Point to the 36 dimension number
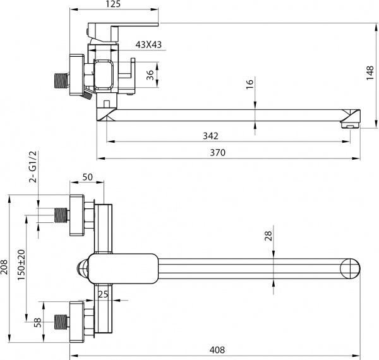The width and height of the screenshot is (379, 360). tap(150, 75)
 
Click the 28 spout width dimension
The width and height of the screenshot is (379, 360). tap(268, 236)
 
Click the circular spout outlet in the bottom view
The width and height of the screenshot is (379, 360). tap(349, 268)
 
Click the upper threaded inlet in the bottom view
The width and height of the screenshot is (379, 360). tap(61, 215)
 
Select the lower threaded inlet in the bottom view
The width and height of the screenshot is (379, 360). tap(61, 322)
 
